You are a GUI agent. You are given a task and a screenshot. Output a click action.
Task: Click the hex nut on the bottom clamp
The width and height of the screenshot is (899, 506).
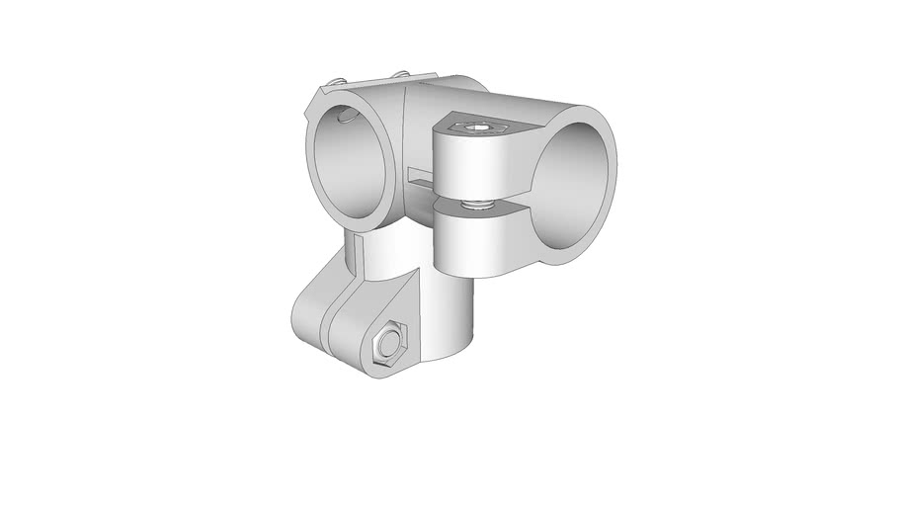389,347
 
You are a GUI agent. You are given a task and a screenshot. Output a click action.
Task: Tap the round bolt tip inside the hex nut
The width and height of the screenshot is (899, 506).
388,347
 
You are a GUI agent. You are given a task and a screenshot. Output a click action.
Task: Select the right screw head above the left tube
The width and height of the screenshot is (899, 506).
400,75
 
